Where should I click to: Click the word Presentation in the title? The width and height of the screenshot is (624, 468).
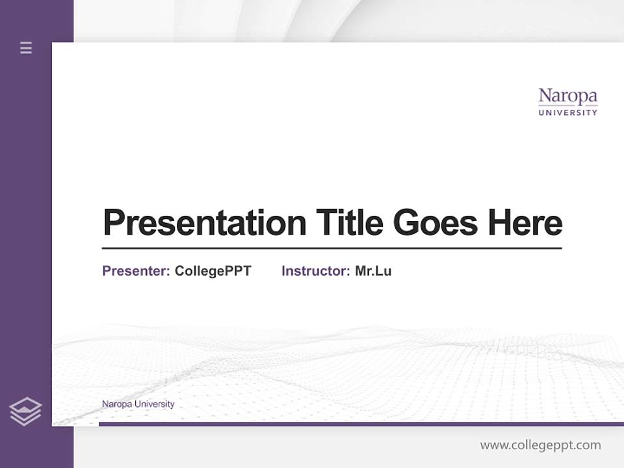pyautogui.click(x=204, y=223)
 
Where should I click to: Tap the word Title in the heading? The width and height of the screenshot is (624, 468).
pyautogui.click(x=350, y=223)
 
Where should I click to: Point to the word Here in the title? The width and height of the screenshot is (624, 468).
pyautogui.click(x=525, y=223)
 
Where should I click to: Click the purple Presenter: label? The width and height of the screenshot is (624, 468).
pyautogui.click(x=136, y=271)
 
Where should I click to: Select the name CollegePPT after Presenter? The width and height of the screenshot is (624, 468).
pyautogui.click(x=213, y=271)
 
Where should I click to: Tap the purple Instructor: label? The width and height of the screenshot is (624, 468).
pyautogui.click(x=315, y=271)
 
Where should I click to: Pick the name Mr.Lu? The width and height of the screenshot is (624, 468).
pyautogui.click(x=373, y=271)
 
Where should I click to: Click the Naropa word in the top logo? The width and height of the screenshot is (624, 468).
pyautogui.click(x=567, y=97)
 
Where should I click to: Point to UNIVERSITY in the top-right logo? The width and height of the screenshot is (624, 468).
pyautogui.click(x=567, y=112)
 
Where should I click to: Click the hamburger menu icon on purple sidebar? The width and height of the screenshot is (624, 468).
pyautogui.click(x=26, y=47)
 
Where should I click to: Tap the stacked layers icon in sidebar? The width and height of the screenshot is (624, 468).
pyautogui.click(x=25, y=411)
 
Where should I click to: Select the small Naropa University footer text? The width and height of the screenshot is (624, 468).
pyautogui.click(x=138, y=404)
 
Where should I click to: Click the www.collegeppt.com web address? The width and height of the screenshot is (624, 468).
pyautogui.click(x=540, y=445)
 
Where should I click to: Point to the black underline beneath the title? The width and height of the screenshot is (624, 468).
pyautogui.click(x=331, y=248)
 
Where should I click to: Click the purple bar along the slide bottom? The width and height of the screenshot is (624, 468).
pyautogui.click(x=361, y=424)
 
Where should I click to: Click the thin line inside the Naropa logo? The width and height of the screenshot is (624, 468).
pyautogui.click(x=567, y=105)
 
